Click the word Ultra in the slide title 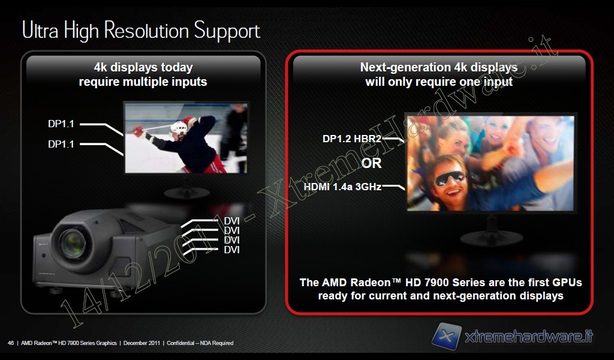pos(40,30)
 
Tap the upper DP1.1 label pos(61,124)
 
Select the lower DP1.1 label pos(61,144)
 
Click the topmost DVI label pos(231,221)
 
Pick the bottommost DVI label pos(231,250)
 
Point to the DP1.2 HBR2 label pos(351,139)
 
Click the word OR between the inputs pos(371,163)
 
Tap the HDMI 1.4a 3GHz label pos(342,187)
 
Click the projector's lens pos(73,243)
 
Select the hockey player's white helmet pos(179,128)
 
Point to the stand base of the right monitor pos(491,238)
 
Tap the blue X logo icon pos(447,336)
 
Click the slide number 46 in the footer pos(11,343)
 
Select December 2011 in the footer pos(142,343)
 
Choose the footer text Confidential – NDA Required pos(200,343)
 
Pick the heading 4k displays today pos(143,67)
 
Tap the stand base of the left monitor pos(187,193)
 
